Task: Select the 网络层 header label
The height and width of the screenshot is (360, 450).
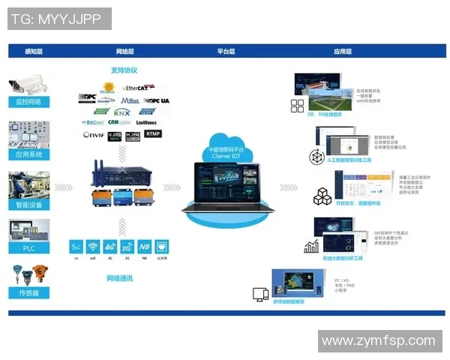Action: pos(125,52)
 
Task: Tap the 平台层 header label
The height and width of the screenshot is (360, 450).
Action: pos(226,52)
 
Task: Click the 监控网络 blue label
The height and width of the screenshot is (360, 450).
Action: pos(28,101)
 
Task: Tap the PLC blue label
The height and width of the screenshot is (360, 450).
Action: pos(28,248)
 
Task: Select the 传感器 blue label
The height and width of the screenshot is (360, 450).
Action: pos(28,293)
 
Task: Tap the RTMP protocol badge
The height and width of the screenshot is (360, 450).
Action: pos(154,134)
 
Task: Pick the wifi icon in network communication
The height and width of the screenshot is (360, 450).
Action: pos(93,246)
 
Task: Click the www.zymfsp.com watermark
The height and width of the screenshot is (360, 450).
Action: pos(379,341)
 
